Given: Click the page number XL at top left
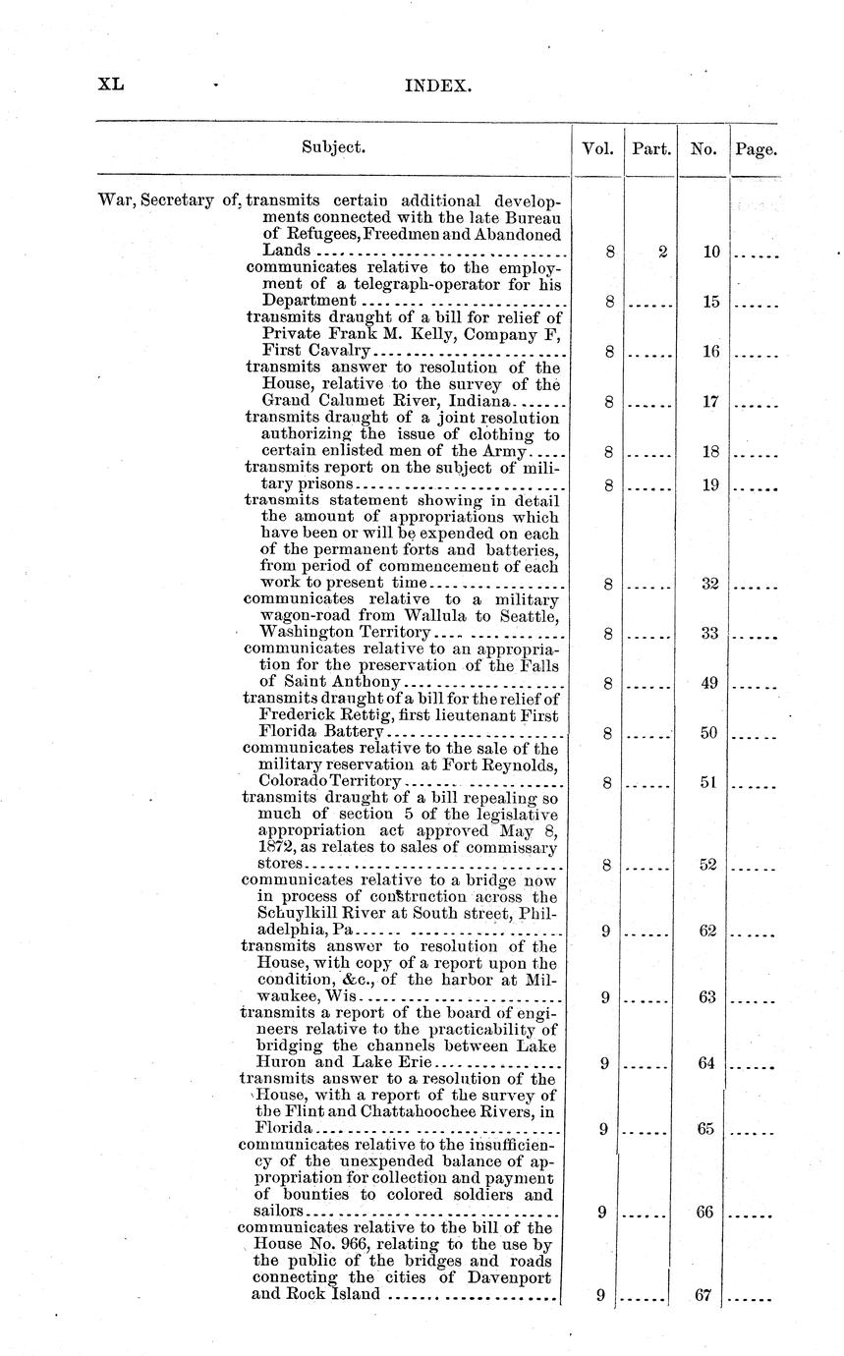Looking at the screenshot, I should (x=110, y=85).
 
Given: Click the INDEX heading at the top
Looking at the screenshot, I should (x=439, y=86).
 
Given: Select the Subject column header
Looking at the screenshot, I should (x=334, y=147).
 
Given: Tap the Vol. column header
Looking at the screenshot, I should (x=597, y=149).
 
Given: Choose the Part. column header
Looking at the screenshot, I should (x=651, y=149).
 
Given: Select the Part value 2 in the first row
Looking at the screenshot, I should (x=663, y=253).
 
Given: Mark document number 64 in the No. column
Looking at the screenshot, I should (x=706, y=1063).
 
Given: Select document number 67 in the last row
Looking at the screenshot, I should (x=702, y=1295).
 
